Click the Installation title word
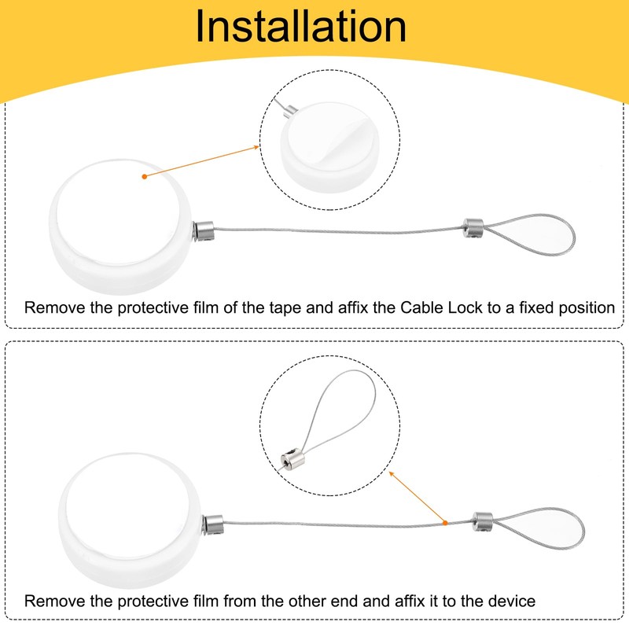pyautogui.click(x=301, y=27)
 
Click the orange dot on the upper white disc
pyautogui.click(x=144, y=177)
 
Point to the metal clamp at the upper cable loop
pyautogui.click(x=473, y=226)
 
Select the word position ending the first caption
pyautogui.click(x=580, y=307)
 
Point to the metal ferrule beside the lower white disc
pyautogui.click(x=213, y=521)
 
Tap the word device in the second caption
pyautogui.click(x=510, y=601)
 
